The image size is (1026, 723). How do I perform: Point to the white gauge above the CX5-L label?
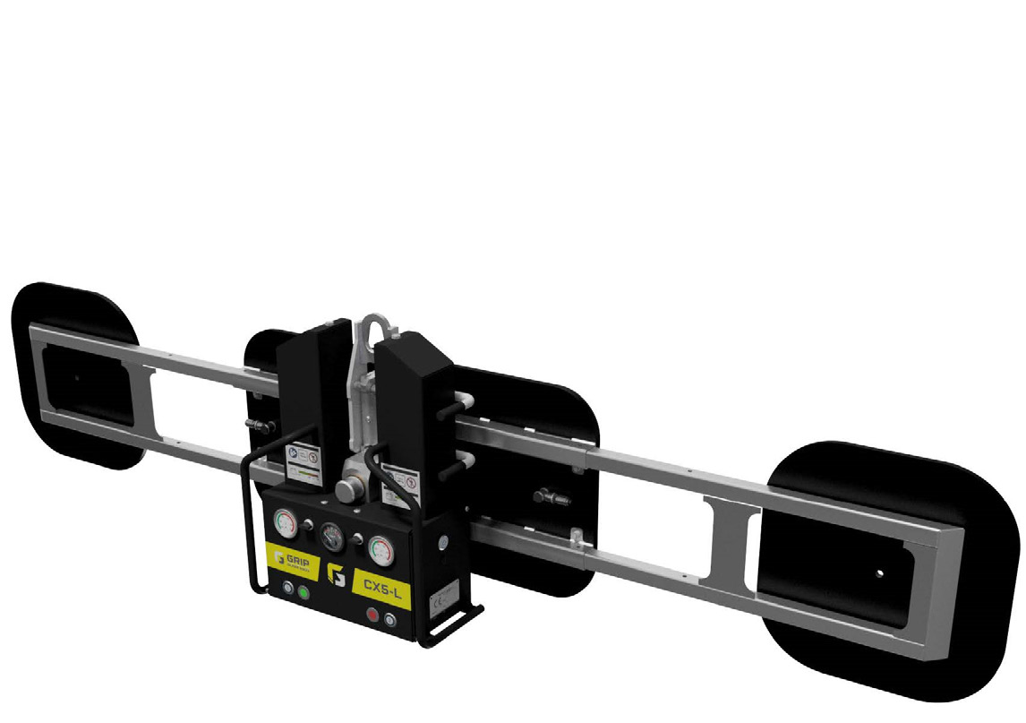pyautogui.click(x=380, y=548)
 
